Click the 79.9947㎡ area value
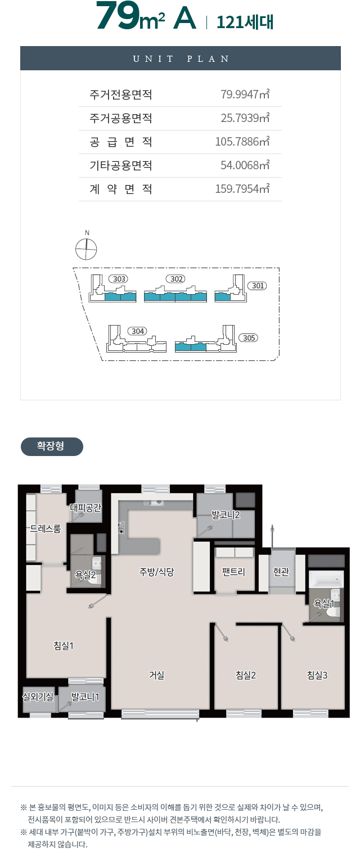[245, 94]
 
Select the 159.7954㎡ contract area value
[242, 188]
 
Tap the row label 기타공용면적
[121, 165]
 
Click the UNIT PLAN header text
[181, 58]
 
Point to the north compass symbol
[86, 250]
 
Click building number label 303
[119, 279]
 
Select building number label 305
[249, 338]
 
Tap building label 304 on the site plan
[137, 331]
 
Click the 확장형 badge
[52, 446]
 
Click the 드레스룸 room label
[46, 529]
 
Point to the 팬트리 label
[233, 572]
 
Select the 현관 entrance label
[281, 572]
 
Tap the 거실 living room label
[156, 675]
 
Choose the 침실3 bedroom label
[317, 675]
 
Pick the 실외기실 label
[38, 697]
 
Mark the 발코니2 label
[226, 515]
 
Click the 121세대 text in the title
[245, 22]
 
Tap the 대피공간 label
[85, 508]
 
